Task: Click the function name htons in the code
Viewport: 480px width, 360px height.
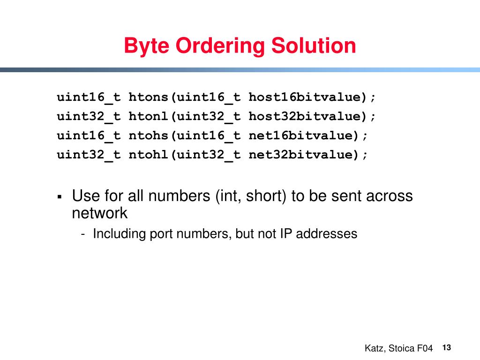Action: [149, 97]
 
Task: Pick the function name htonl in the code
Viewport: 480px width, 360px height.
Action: [149, 116]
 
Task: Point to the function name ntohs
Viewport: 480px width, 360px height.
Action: [149, 135]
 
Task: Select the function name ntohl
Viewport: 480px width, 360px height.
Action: [149, 155]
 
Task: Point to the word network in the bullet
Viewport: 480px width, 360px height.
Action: [99, 213]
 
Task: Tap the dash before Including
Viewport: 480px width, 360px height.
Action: [83, 234]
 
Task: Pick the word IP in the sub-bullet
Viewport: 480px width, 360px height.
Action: [286, 233]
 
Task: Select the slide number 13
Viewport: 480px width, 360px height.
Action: [446, 347]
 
